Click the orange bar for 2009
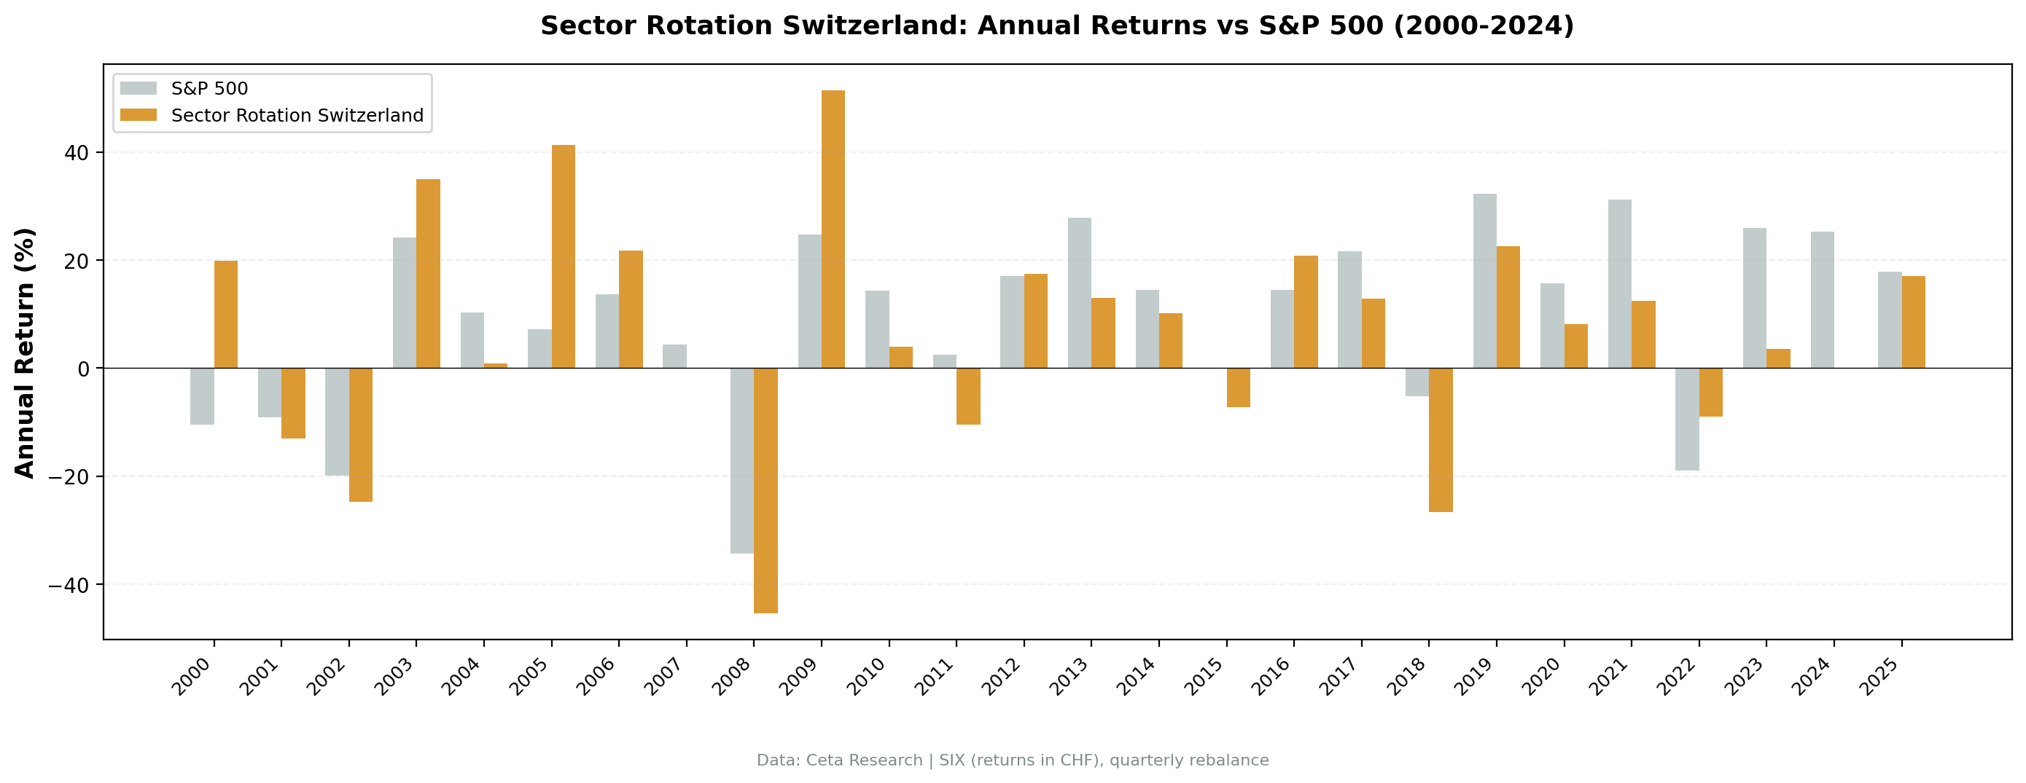coord(833,229)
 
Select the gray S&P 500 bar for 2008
coord(741,460)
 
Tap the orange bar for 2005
coord(563,256)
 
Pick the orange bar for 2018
coord(1440,439)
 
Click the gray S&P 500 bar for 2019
coord(1484,280)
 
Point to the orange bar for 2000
coord(226,314)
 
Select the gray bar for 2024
coord(1822,299)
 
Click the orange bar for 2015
coord(1238,387)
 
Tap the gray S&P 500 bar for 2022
coord(1686,419)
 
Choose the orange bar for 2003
coord(428,273)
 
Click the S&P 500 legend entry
coord(209,89)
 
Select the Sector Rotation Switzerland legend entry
coord(297,116)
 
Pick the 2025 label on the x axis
coord(1879,677)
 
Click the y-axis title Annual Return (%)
coord(26,353)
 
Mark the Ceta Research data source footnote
coord(1012,760)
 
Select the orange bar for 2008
coord(765,489)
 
